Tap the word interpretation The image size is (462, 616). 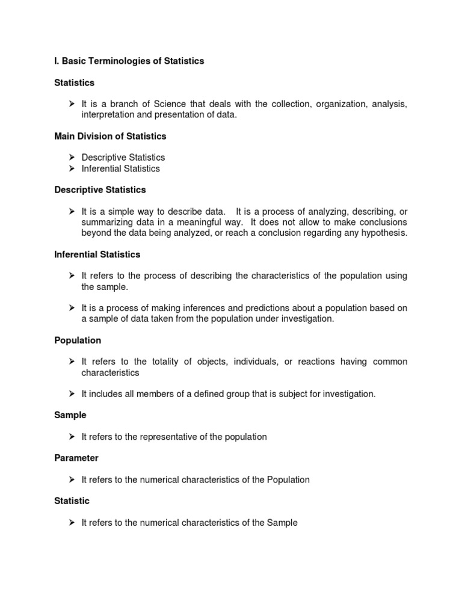(x=108, y=115)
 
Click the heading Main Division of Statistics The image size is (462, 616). (x=110, y=137)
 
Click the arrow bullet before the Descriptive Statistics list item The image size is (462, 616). (x=71, y=158)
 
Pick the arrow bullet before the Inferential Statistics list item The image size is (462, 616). (x=71, y=169)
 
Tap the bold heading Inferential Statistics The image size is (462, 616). (x=97, y=254)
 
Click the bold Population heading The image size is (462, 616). (x=78, y=340)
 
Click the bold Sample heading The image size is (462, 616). (x=70, y=415)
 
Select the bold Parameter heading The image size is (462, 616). (x=76, y=458)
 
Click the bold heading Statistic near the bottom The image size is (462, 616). (x=72, y=501)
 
